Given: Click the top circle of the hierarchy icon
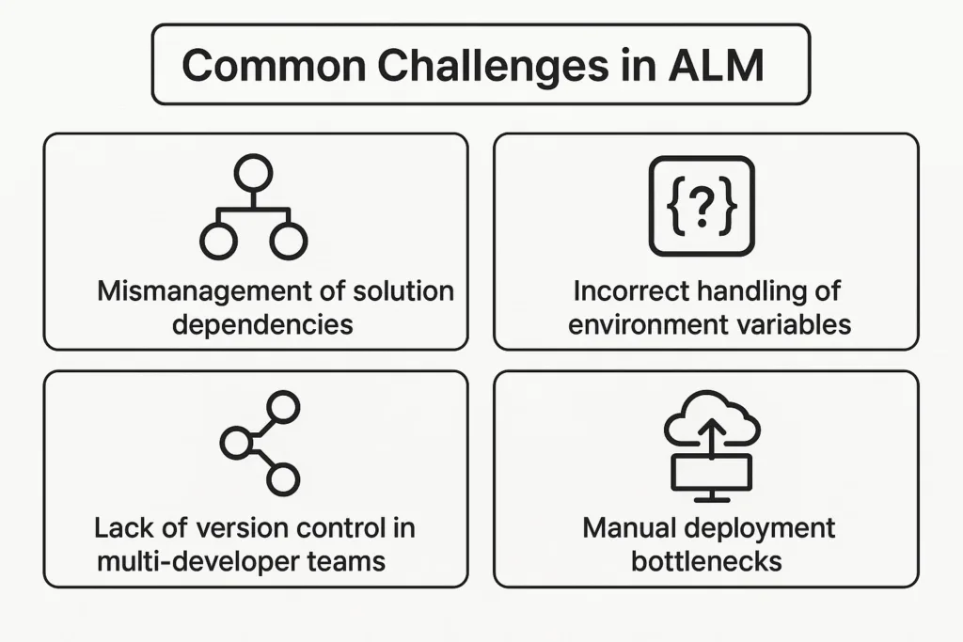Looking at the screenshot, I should [x=253, y=172].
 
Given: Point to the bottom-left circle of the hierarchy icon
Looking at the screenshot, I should [x=217, y=242].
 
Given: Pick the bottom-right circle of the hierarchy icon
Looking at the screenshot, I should [x=289, y=242].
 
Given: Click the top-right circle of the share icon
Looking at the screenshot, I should [x=283, y=407].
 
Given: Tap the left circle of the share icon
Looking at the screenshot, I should [x=236, y=443].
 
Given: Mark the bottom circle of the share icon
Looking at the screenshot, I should [x=282, y=479].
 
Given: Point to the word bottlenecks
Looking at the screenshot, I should [x=707, y=562].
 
